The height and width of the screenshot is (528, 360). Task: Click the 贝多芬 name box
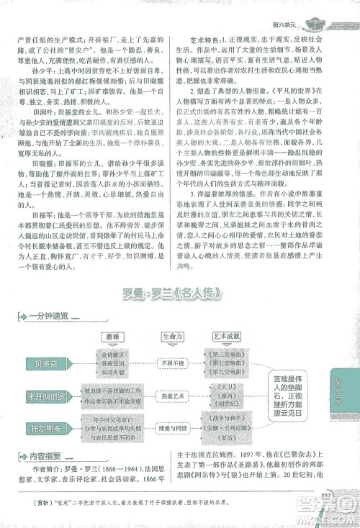(x=42, y=363)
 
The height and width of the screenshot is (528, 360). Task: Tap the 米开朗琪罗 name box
(x=45, y=397)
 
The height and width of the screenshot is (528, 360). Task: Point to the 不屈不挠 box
(x=168, y=363)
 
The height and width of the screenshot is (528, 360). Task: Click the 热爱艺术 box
(x=168, y=396)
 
